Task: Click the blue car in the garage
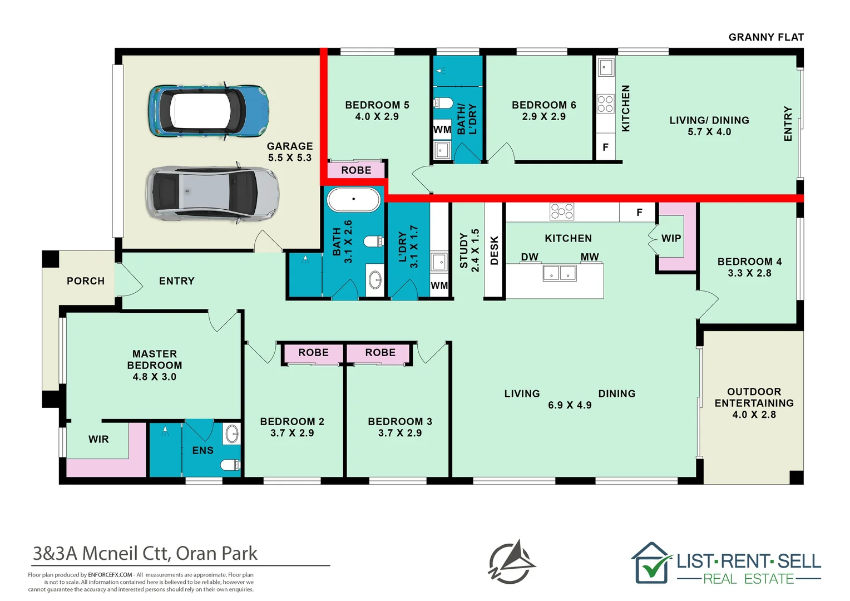point(209,111)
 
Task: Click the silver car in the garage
point(213,193)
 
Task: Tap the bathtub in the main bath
point(353,199)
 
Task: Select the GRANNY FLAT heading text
point(766,37)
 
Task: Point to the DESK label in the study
point(494,250)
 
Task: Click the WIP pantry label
point(671,238)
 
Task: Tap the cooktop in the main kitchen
point(562,212)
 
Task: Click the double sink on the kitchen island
point(560,273)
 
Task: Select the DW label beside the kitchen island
point(530,257)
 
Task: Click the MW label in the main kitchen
point(589,257)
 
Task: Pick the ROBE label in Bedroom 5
point(356,170)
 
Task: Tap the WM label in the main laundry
point(439,285)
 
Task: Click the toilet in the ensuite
point(230,464)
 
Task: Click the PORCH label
point(85,281)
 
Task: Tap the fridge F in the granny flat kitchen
point(605,147)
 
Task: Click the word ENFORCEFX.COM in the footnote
point(110,575)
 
